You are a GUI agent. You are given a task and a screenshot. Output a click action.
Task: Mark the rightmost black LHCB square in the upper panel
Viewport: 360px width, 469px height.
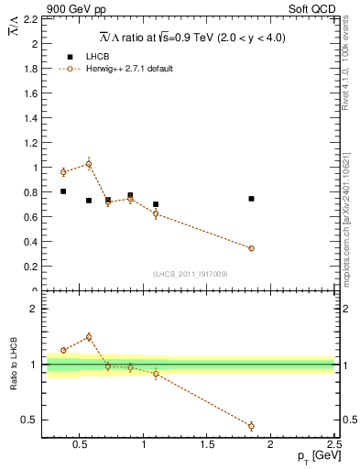(x=251, y=199)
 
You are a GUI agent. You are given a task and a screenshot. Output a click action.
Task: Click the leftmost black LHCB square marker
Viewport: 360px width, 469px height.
(x=63, y=191)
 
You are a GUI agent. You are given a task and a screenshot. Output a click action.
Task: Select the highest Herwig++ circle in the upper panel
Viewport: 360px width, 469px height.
(x=88, y=164)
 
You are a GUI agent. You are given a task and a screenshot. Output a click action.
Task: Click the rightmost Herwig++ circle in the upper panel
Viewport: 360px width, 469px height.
(x=251, y=248)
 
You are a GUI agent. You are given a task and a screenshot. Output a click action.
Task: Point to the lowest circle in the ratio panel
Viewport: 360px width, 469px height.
(x=251, y=426)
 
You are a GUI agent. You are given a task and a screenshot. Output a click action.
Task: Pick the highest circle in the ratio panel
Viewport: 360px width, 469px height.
(x=88, y=337)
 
